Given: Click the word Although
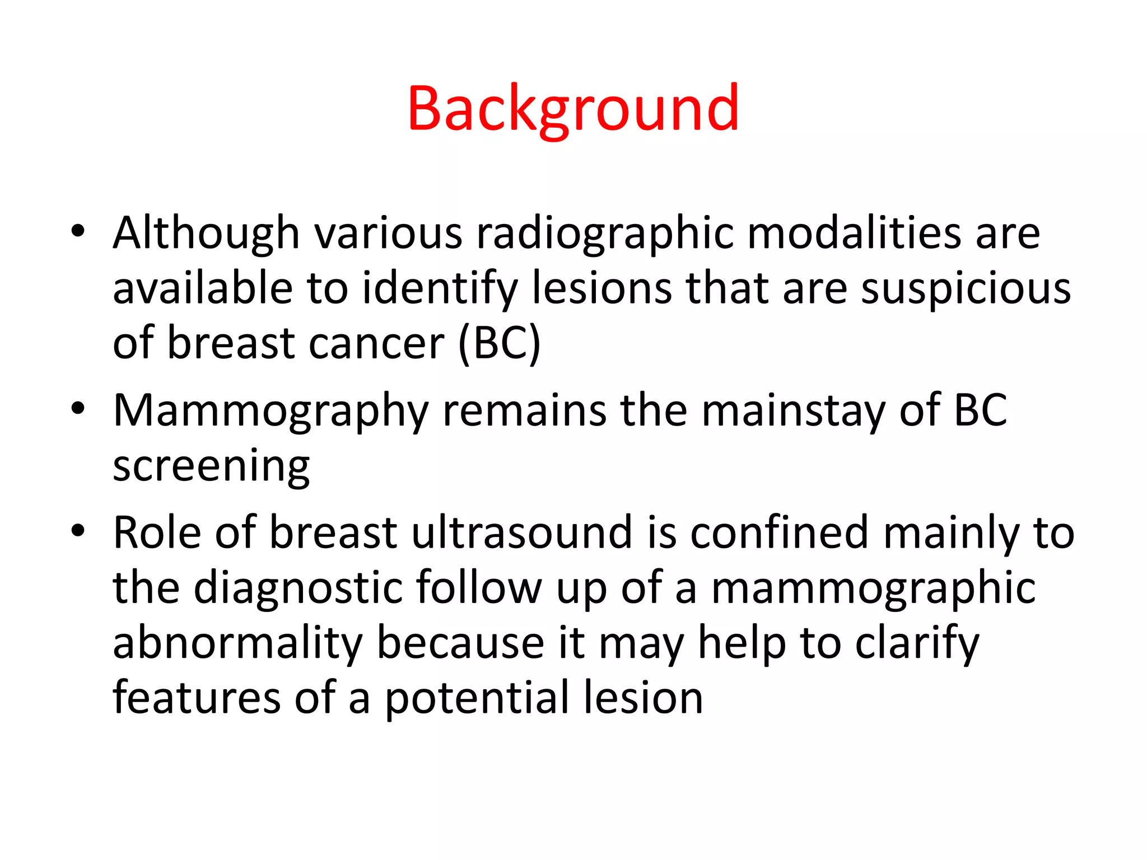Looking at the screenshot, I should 206,233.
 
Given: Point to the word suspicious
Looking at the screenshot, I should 966,288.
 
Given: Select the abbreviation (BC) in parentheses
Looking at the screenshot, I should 499,343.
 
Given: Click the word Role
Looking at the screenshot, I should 157,532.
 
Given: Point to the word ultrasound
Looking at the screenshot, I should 522,532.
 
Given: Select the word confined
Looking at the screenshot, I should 779,532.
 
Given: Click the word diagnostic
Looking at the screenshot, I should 297,588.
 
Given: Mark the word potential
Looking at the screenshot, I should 477,698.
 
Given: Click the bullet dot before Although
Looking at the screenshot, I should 78,231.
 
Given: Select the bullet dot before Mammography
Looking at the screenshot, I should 78,409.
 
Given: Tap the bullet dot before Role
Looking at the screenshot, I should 78,530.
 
